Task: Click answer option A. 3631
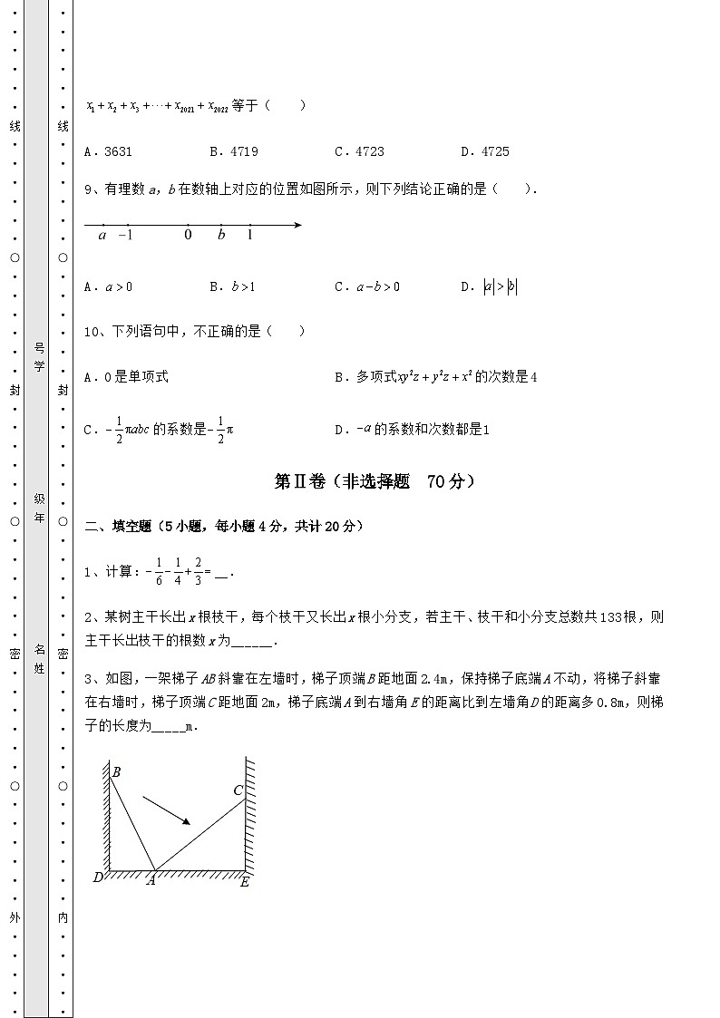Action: pos(108,151)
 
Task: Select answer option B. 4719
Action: pos(233,151)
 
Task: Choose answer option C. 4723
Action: pos(358,151)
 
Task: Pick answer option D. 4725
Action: pos(484,151)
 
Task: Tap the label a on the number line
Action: pos(102,236)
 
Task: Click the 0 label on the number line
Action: pos(188,236)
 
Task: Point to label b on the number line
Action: pos(221,236)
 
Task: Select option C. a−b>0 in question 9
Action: pos(366,287)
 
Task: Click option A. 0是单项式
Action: pos(126,377)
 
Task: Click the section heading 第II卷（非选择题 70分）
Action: pos(375,482)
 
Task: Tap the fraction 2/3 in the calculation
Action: pos(197,573)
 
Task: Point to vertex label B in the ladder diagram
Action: pos(116,772)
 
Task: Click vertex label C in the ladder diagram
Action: pos(238,790)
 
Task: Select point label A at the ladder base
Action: pos(151,880)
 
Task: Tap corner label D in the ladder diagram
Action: pos(98,877)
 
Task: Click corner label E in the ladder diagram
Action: pos(244,881)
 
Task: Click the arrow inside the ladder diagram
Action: pos(168,810)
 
